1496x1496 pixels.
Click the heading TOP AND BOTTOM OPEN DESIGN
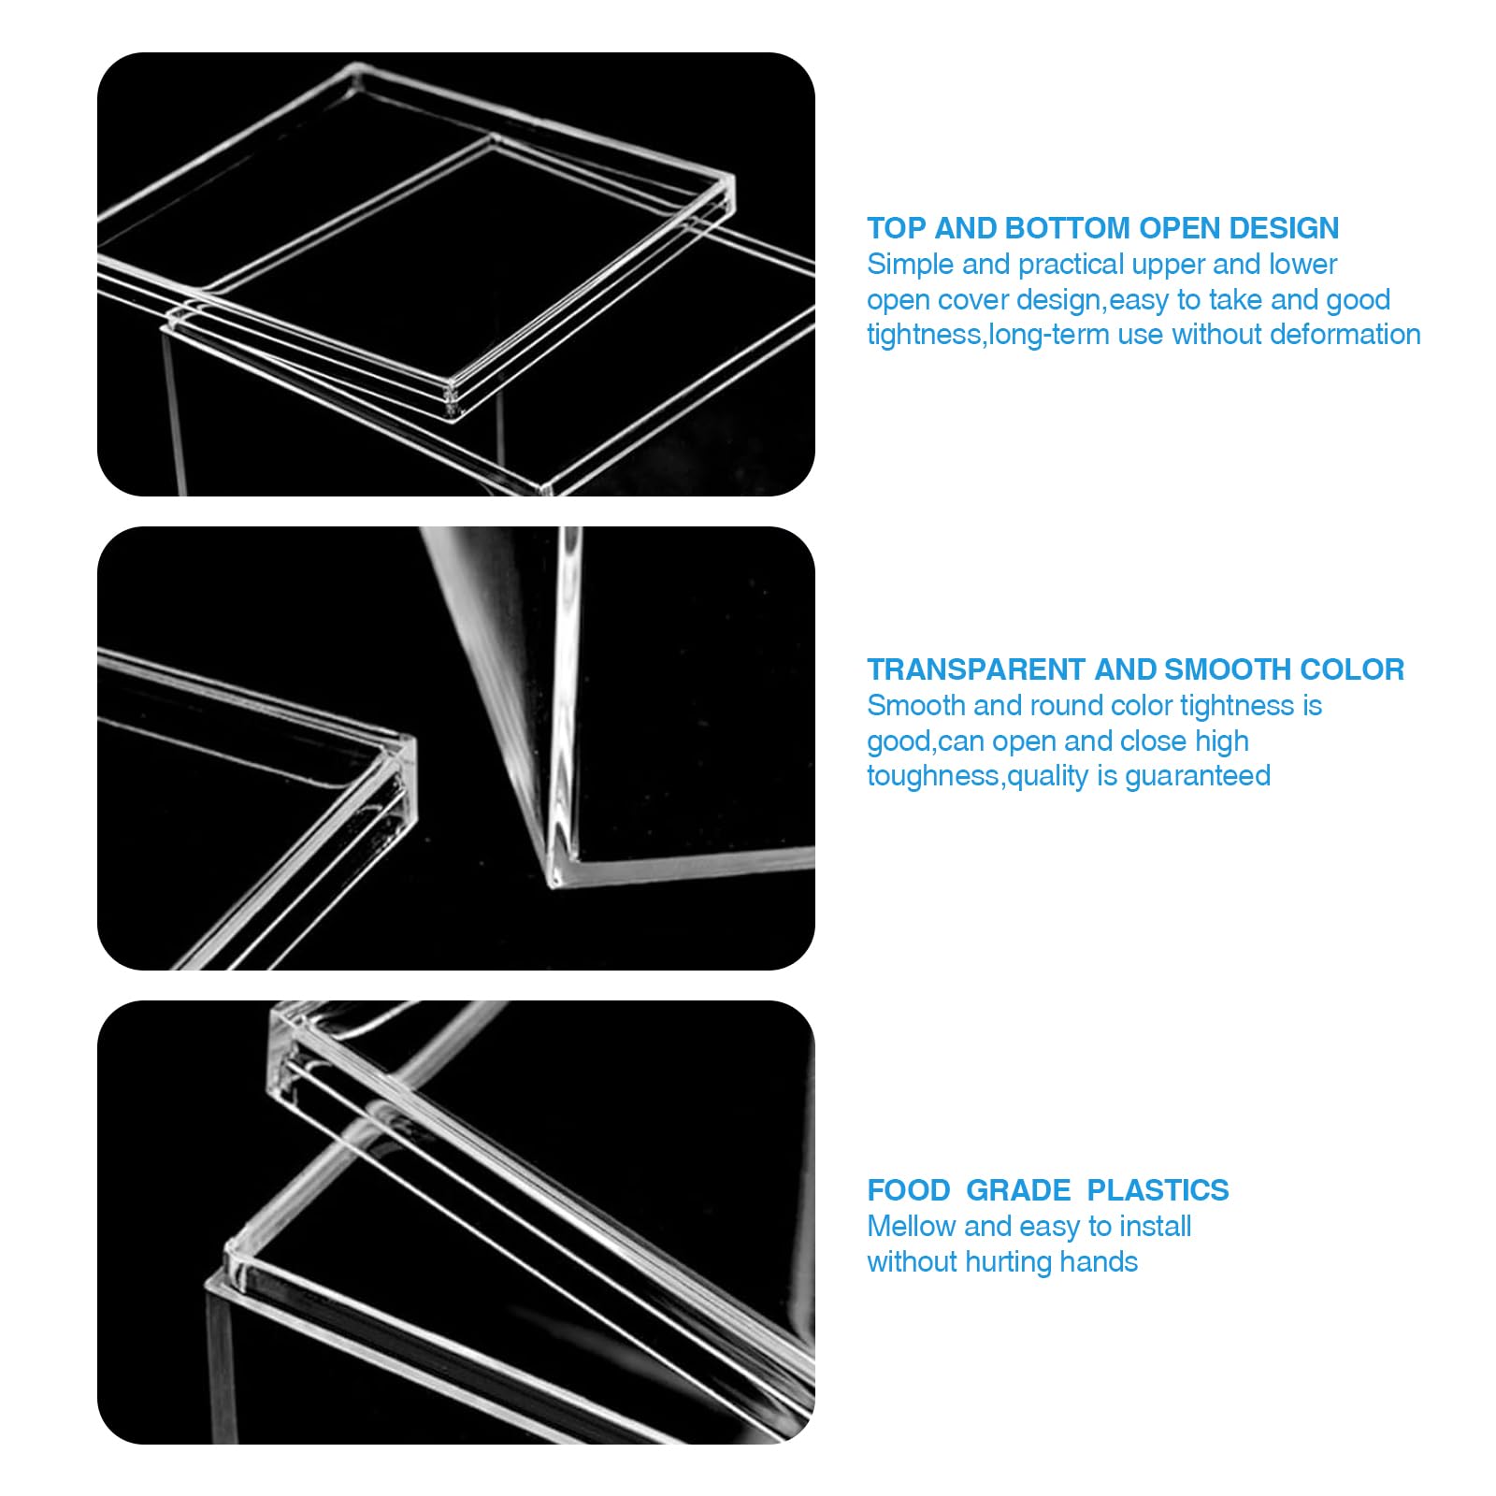1102,228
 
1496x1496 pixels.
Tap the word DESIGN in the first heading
1283,228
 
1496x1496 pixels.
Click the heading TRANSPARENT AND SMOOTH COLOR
1135,669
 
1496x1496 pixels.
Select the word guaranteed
1198,776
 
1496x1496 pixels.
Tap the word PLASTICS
1158,1190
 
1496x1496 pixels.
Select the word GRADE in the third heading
1018,1190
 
